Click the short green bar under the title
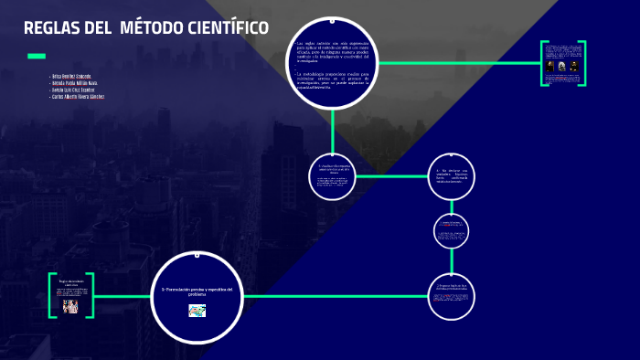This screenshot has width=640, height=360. pyautogui.click(x=36, y=57)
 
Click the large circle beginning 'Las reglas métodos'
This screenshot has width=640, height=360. pyautogui.click(x=332, y=62)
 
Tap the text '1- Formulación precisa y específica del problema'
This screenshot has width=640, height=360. pyautogui.click(x=197, y=291)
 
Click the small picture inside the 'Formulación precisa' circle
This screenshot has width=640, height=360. pyautogui.click(x=197, y=311)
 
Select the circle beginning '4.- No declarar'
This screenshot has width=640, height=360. pyautogui.click(x=452, y=176)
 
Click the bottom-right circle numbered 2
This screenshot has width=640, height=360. pyautogui.click(x=452, y=296)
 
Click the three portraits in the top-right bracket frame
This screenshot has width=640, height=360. pyautogui.click(x=561, y=66)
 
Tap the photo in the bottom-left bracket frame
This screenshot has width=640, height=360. pyautogui.click(x=70, y=306)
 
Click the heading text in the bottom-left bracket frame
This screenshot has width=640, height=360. pyautogui.click(x=70, y=282)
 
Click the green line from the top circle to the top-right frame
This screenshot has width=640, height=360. pyautogui.click(x=457, y=63)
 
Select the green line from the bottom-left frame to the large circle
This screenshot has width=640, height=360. pyautogui.click(x=123, y=296)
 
